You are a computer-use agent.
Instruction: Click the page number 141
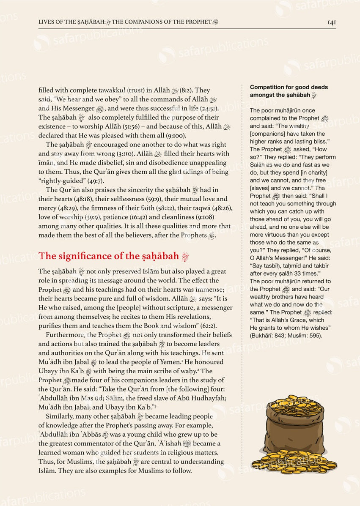point(331,22)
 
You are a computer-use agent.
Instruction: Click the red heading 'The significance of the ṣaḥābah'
point(109,256)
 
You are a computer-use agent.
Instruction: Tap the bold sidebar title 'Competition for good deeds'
point(289,87)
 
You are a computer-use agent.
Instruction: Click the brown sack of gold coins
point(294,435)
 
